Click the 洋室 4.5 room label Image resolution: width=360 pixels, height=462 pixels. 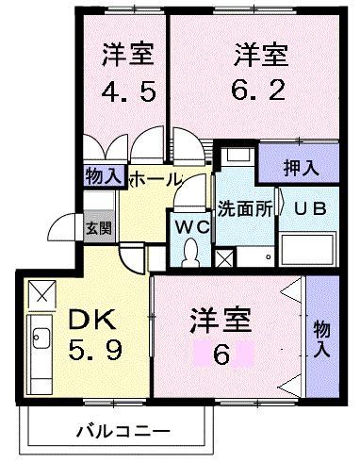click(x=129, y=73)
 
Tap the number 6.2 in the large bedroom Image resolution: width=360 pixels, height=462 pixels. click(x=258, y=91)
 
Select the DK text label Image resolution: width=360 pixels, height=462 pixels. click(x=92, y=319)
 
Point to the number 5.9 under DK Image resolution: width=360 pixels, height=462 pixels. click(x=95, y=350)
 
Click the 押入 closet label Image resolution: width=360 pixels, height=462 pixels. click(x=301, y=168)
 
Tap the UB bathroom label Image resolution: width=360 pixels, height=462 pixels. click(x=310, y=208)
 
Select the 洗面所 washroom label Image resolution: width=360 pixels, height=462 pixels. click(x=245, y=208)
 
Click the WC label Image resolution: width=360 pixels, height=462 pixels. click(x=192, y=227)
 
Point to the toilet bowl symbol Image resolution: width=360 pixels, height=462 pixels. click(x=190, y=252)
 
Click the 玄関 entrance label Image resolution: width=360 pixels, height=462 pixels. click(x=99, y=228)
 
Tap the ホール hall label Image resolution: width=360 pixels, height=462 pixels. click(x=156, y=179)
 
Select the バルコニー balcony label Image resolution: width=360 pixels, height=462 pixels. click(x=123, y=431)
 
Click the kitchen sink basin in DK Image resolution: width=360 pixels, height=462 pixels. click(x=41, y=338)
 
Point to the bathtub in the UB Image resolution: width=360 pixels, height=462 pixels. click(x=308, y=249)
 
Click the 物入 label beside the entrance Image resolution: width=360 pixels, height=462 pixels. click(x=104, y=175)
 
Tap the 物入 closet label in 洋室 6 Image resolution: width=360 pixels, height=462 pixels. click(x=322, y=338)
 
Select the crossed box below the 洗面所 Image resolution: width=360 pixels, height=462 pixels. click(x=224, y=257)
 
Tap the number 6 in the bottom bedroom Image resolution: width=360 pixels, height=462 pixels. click(x=221, y=355)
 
